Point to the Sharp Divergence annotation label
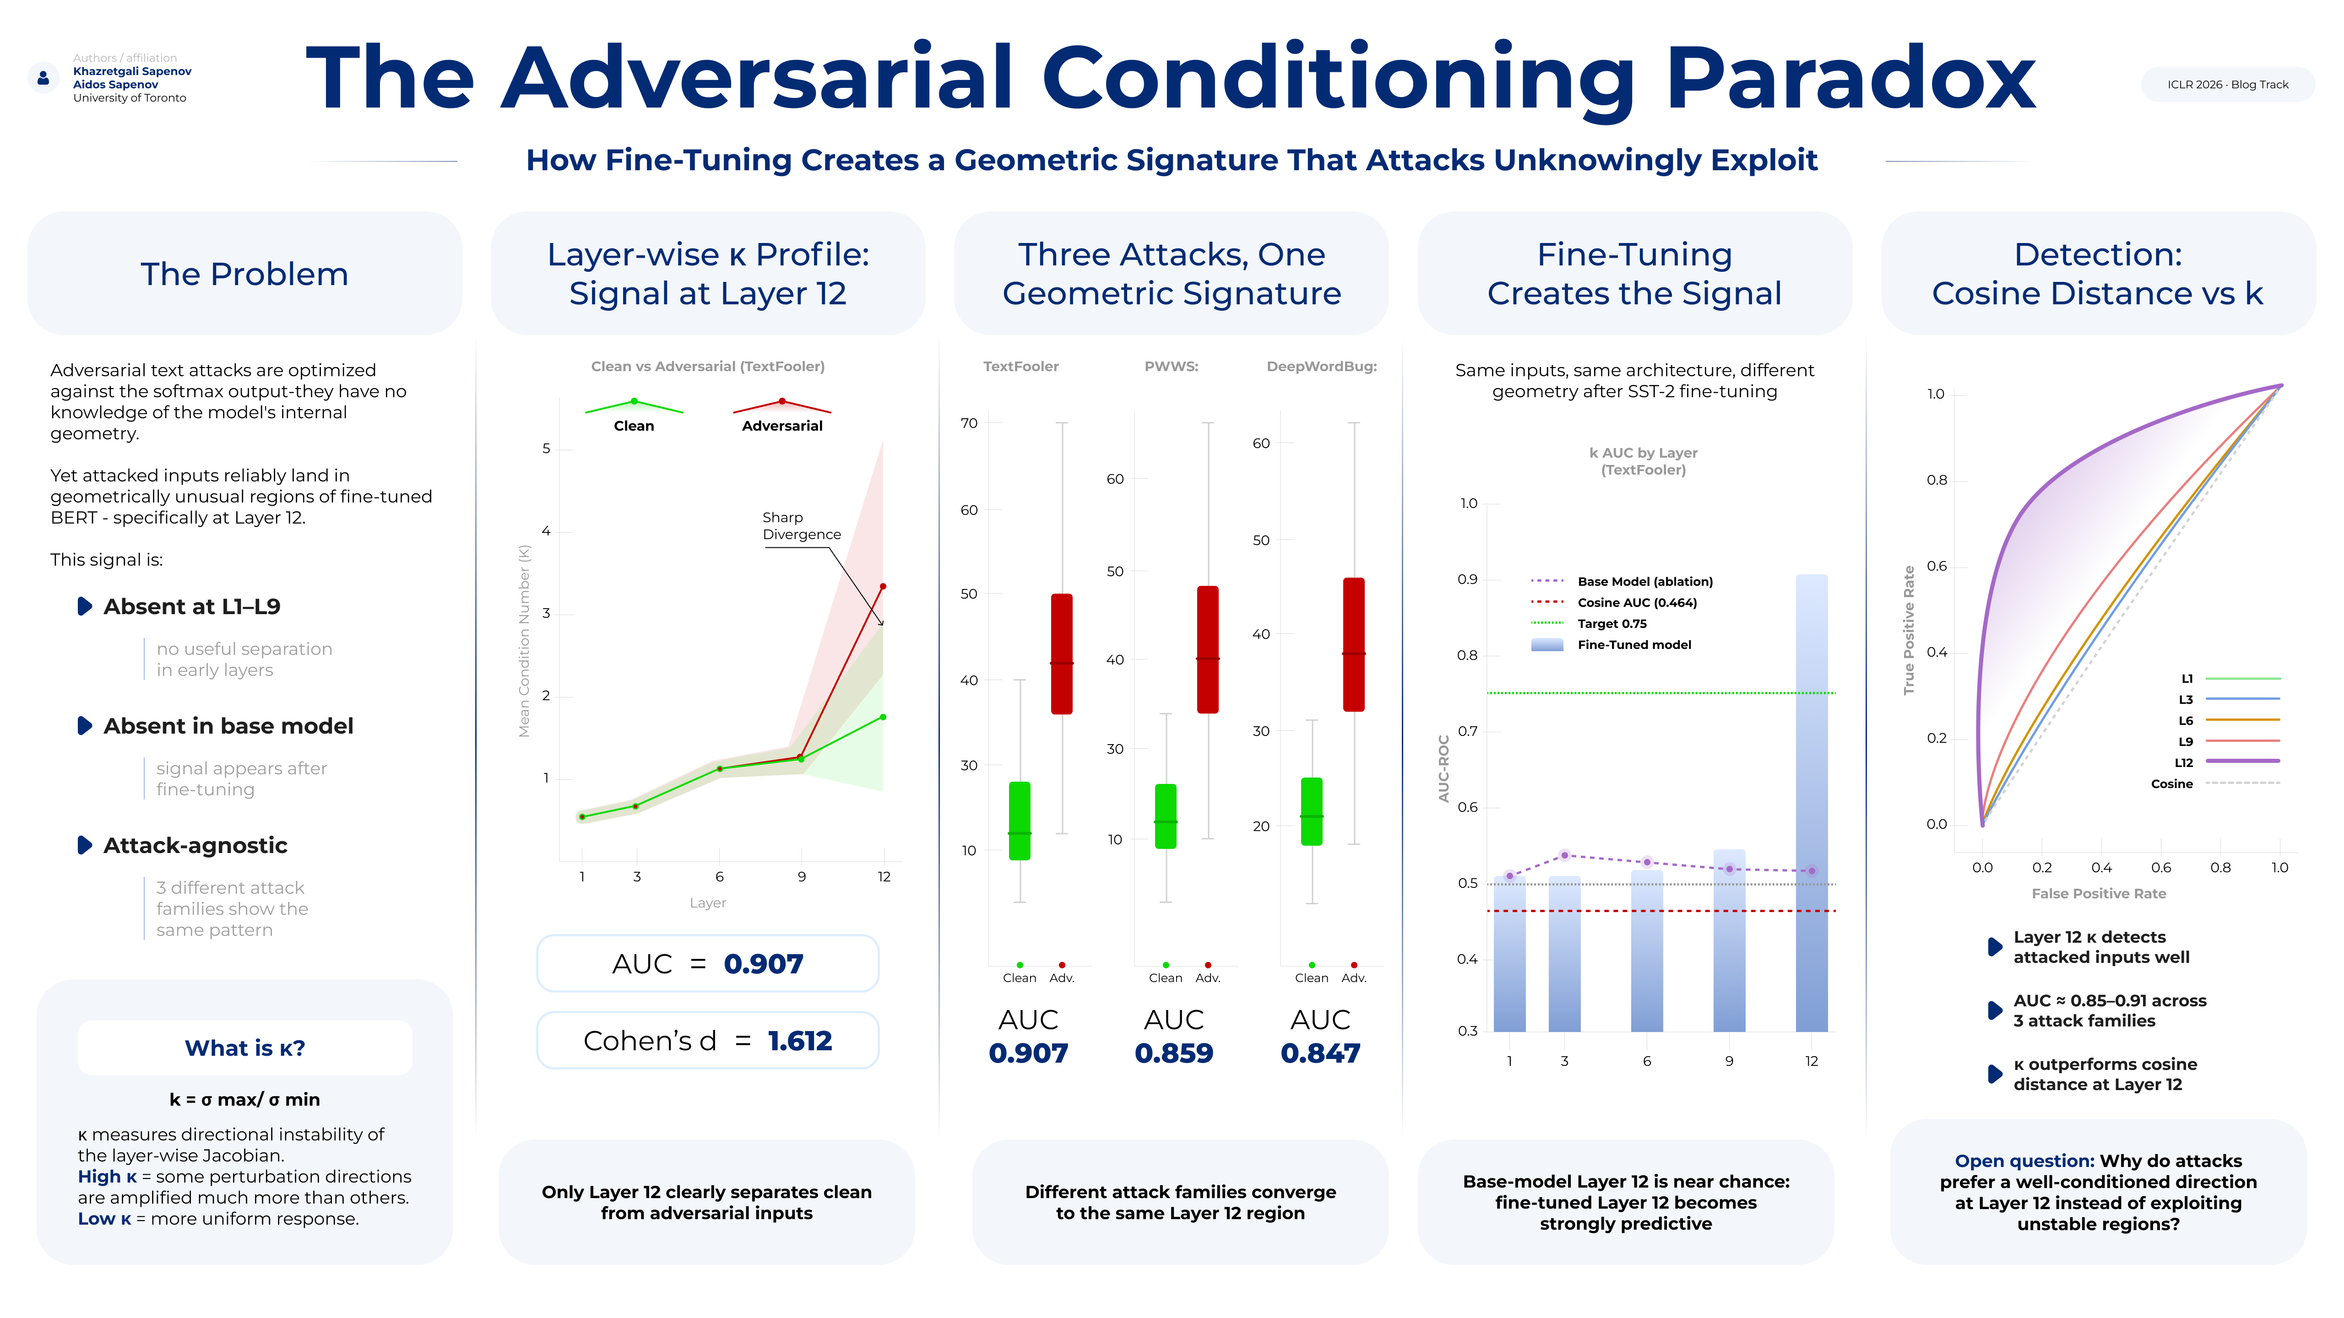click(801, 526)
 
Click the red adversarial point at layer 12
click(883, 587)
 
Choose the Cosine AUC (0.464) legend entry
click(1636, 602)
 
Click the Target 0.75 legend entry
click(1611, 623)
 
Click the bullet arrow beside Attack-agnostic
click(85, 845)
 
